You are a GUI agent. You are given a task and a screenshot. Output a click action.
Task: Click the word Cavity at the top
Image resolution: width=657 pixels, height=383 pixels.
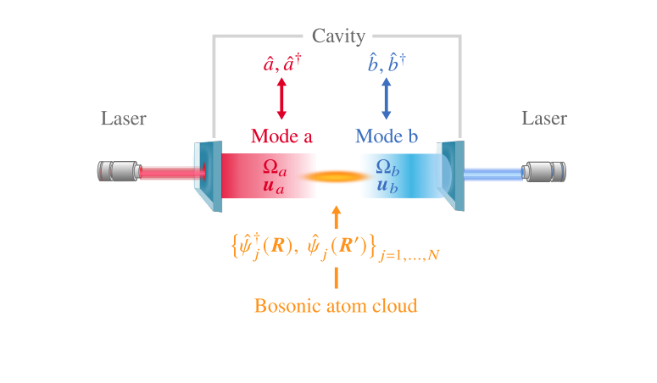pyautogui.click(x=338, y=36)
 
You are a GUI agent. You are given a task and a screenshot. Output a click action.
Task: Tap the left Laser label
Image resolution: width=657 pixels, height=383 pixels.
pyautogui.click(x=123, y=118)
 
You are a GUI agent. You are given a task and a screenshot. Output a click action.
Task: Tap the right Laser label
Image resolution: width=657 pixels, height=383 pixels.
pyautogui.click(x=543, y=118)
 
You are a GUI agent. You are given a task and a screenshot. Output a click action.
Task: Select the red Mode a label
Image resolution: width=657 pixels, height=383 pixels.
pyautogui.click(x=281, y=136)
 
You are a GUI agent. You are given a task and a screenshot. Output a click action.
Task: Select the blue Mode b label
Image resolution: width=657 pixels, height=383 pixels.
pyautogui.click(x=386, y=136)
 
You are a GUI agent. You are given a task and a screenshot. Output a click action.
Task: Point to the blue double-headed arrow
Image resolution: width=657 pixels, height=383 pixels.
pyautogui.click(x=387, y=98)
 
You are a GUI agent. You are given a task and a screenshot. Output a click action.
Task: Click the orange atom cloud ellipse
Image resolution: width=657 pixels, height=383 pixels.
pyautogui.click(x=337, y=177)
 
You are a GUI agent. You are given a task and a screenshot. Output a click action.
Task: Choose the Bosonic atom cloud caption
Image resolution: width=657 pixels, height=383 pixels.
pyautogui.click(x=337, y=305)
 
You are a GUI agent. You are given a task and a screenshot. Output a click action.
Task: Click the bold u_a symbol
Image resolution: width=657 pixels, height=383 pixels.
pyautogui.click(x=273, y=186)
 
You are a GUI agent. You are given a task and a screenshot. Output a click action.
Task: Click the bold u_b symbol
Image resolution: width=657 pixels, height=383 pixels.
pyautogui.click(x=387, y=186)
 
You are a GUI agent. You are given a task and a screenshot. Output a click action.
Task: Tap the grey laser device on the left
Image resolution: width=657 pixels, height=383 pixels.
pyautogui.click(x=117, y=172)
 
